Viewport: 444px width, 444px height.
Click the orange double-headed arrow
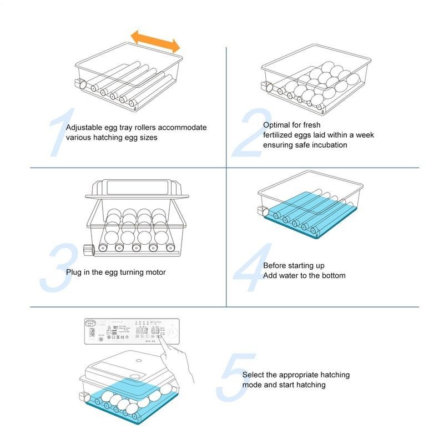[x=155, y=41]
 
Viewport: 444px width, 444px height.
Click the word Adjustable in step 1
[x=85, y=128]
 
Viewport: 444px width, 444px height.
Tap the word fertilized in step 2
[x=280, y=135]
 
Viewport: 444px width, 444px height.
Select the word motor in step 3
[x=155, y=273]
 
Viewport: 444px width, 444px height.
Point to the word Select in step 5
[x=254, y=375]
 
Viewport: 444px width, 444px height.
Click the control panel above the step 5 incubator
[x=131, y=332]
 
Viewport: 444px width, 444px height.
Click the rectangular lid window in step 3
[x=135, y=187]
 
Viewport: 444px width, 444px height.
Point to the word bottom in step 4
[x=333, y=276]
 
